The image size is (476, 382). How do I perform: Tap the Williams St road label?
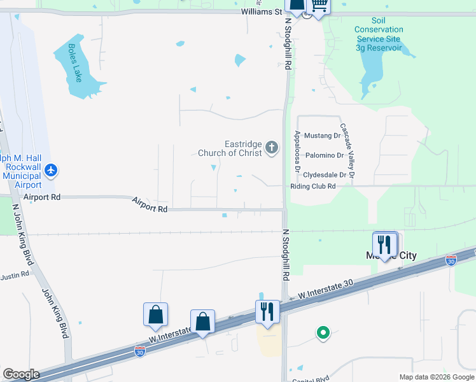point(261,11)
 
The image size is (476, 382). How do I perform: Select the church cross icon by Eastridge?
point(272,148)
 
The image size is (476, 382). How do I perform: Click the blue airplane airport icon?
point(52,170)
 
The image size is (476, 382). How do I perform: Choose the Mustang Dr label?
point(323,136)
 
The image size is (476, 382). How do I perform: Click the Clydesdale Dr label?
point(325,174)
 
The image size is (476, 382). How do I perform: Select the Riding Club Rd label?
point(312,186)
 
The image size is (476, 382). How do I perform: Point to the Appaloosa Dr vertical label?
point(297,152)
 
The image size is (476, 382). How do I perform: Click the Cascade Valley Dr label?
point(347,150)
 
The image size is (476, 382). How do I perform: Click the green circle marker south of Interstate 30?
point(323,332)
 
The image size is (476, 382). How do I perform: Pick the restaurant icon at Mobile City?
point(385,244)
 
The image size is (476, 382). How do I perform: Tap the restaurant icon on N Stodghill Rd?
point(267,311)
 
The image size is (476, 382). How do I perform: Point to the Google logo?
point(20,374)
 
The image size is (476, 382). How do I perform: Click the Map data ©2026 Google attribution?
point(437,377)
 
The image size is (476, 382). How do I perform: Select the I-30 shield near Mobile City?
point(451,260)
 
